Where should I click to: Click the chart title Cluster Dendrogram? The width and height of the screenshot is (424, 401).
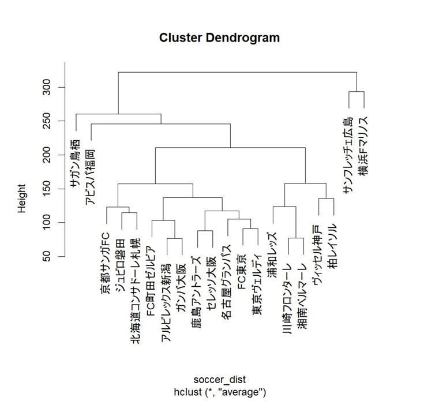pyautogui.click(x=219, y=38)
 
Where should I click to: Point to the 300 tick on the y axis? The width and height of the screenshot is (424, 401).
pyautogui.click(x=51, y=87)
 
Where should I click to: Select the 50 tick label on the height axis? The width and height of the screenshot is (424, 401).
pyautogui.click(x=51, y=256)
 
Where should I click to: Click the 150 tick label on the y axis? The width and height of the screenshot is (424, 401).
pyautogui.click(x=51, y=188)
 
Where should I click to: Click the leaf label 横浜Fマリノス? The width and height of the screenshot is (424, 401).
pyautogui.click(x=363, y=147)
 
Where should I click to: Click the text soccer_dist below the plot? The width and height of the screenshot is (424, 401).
pyautogui.click(x=219, y=379)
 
